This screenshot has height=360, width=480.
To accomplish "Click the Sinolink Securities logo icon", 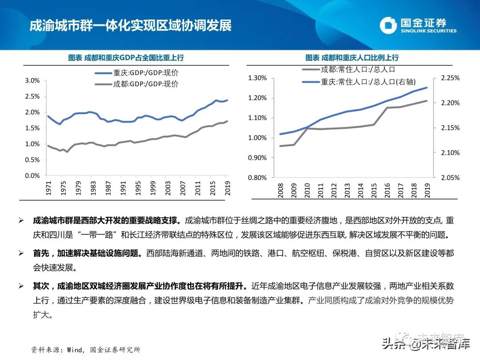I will (388, 25).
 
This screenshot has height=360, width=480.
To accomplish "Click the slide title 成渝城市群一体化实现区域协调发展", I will (130, 25).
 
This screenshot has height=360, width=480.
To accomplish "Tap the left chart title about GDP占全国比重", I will (126, 58).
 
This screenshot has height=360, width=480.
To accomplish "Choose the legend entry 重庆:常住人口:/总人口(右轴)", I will (358, 81).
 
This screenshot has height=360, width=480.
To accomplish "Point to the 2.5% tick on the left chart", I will (32, 96).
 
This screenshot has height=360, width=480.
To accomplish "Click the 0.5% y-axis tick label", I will (32, 160).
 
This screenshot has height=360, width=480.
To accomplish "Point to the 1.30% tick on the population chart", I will (257, 78).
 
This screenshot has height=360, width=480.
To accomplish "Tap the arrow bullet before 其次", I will (21, 286).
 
